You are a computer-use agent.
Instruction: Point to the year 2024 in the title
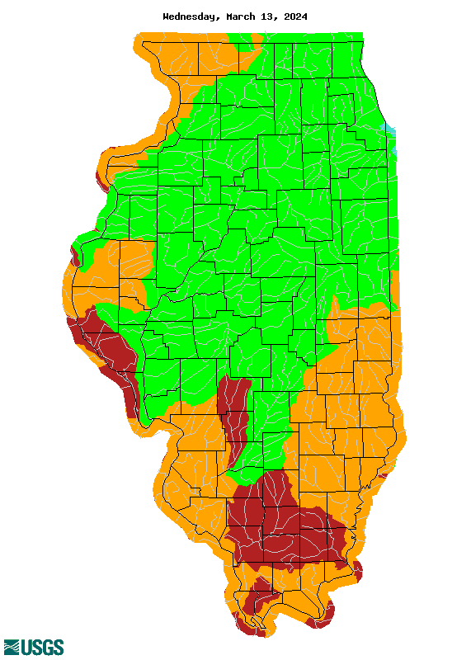coord(295,16)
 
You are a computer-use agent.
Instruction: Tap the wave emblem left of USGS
coord(12,647)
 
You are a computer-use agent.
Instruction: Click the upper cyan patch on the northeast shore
coord(391,130)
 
